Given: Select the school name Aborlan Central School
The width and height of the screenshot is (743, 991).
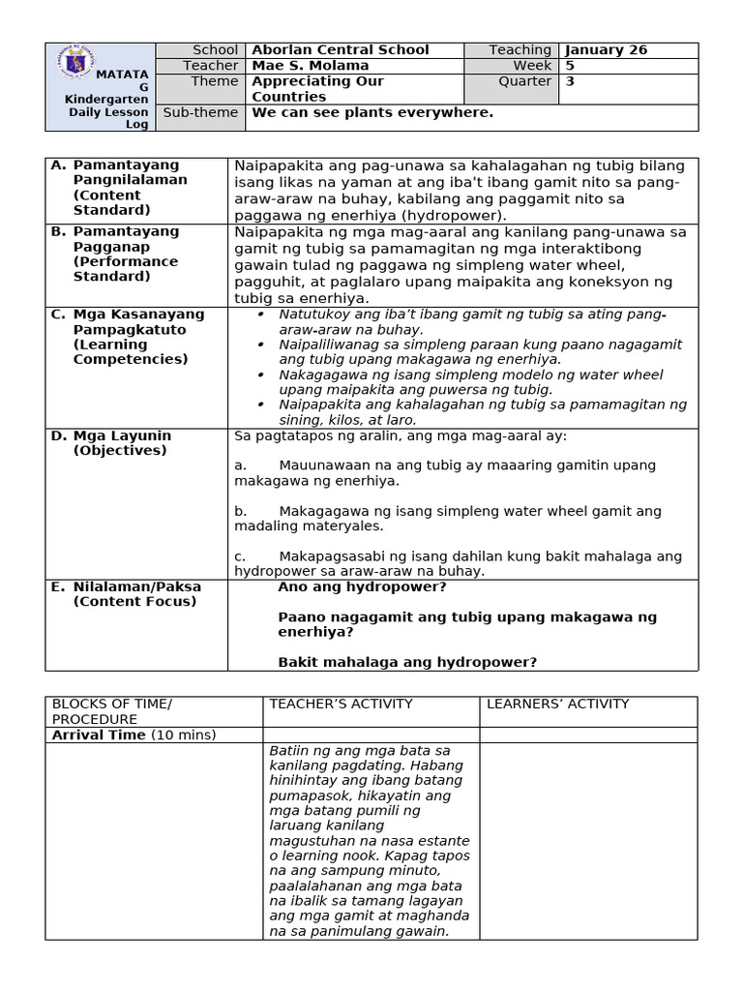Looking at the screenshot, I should (340, 50).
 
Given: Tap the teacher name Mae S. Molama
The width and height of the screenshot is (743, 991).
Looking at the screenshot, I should (310, 66).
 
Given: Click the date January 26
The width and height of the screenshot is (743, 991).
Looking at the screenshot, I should (606, 50).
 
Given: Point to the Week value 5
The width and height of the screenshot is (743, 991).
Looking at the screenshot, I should (570, 66).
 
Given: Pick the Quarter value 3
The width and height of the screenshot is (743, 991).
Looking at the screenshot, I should (570, 81).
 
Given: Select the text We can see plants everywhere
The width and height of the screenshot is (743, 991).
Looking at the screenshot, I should (372, 112).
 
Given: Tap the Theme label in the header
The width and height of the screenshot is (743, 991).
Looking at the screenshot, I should (214, 81).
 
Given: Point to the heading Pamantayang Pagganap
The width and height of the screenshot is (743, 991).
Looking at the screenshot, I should (126, 239).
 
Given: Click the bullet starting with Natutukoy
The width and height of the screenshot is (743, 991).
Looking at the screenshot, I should (472, 321).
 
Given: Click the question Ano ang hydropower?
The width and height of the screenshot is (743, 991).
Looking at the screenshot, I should (362, 587).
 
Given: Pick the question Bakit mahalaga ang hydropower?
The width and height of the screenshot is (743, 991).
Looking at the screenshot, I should (407, 662).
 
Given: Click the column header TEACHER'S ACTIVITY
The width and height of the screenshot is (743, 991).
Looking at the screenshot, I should (341, 705).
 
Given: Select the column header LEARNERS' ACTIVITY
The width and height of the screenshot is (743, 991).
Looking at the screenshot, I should (557, 705).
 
